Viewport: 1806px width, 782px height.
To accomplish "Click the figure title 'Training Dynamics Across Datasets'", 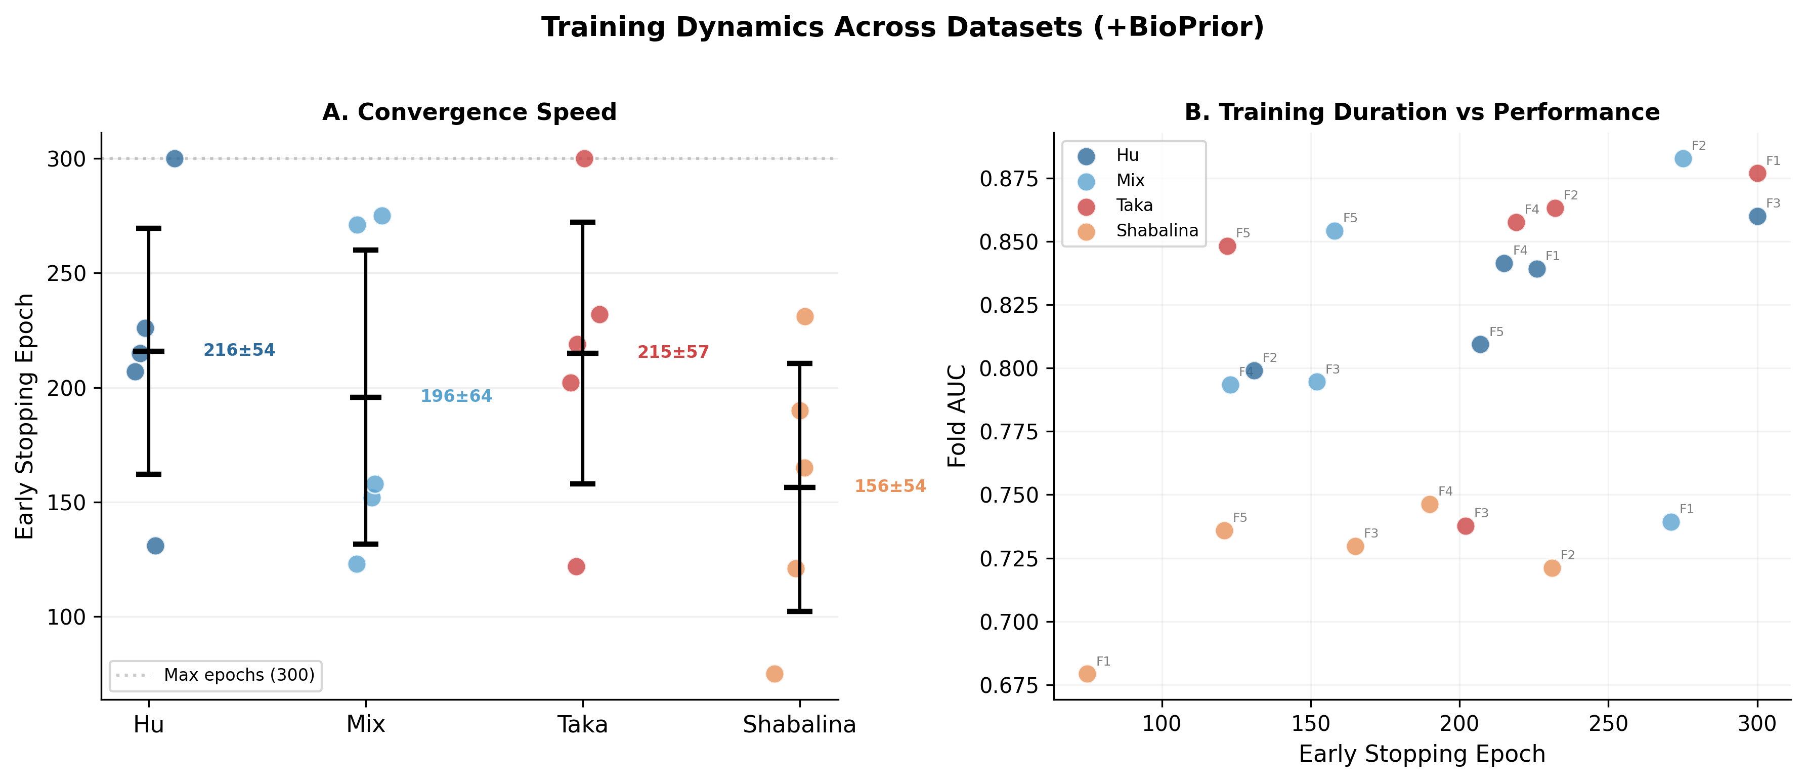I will (902, 27).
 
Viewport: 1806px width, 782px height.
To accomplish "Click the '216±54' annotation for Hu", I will (239, 350).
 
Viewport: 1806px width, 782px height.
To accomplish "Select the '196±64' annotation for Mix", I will (456, 396).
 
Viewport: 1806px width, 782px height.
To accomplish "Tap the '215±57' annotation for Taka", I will (673, 352).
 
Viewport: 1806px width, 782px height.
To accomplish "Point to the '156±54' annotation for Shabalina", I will (890, 486).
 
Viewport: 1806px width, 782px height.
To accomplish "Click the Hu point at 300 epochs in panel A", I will (175, 158).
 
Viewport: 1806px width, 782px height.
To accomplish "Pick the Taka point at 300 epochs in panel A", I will (584, 158).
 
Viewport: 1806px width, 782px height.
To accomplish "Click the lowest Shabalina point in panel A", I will (775, 674).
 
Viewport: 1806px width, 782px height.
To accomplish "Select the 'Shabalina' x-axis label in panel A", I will (799, 724).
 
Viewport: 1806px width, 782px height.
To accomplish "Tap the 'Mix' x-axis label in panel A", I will (365, 724).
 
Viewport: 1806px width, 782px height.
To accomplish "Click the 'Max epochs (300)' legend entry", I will (238, 675).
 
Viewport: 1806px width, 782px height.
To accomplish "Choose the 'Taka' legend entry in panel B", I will (1134, 205).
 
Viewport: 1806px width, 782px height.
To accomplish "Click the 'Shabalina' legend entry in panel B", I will (1157, 231).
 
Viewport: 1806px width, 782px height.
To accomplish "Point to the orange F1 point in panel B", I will (1087, 674).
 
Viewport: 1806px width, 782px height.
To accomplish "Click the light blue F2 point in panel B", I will (1683, 158).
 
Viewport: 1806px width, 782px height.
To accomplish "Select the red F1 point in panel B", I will (1757, 173).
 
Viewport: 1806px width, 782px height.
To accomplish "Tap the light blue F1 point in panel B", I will (1671, 522).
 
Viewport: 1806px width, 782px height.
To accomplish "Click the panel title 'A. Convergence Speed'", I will (469, 112).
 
